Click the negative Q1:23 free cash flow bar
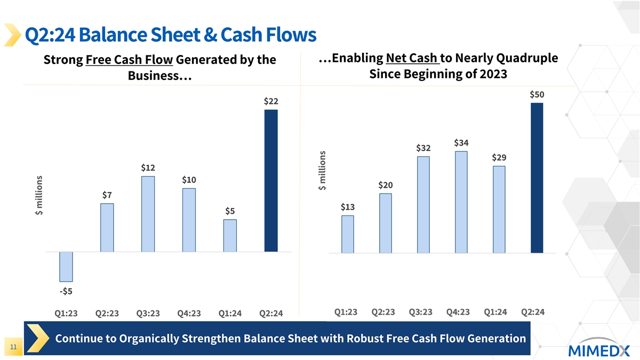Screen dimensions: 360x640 (x=66, y=267)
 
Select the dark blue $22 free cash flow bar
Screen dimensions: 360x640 (x=271, y=180)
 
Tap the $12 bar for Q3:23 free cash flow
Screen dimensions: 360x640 (x=148, y=214)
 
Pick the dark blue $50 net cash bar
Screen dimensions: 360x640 (x=537, y=178)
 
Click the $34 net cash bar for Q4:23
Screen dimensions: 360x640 (x=461, y=202)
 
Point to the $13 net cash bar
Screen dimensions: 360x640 (x=348, y=234)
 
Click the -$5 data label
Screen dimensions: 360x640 (x=66, y=291)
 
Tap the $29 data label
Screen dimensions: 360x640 (x=499, y=158)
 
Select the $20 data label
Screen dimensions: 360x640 (x=386, y=185)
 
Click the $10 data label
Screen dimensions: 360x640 (x=189, y=180)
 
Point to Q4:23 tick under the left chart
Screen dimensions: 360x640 (x=189, y=314)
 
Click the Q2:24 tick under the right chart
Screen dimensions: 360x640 (x=533, y=312)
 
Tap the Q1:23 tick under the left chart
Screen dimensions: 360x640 (x=66, y=314)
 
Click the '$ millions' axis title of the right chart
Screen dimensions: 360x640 (x=322, y=170)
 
